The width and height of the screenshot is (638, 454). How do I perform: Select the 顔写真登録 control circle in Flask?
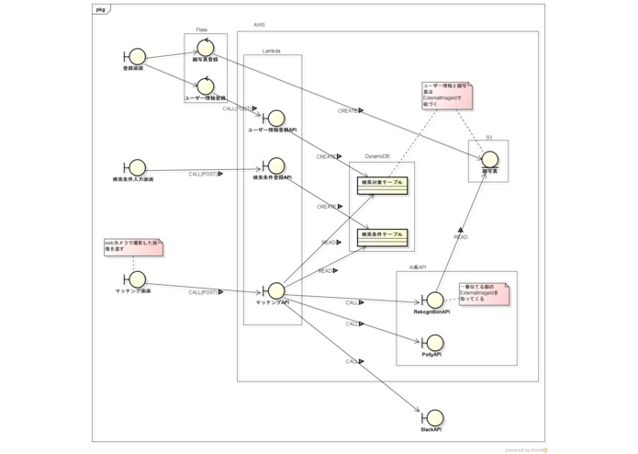click(x=206, y=48)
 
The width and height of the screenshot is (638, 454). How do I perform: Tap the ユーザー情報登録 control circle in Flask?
click(x=206, y=85)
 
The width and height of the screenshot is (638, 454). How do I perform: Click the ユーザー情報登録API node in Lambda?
click(x=274, y=119)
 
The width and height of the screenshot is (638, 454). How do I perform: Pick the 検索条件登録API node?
click(x=274, y=165)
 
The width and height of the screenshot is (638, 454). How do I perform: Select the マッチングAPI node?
click(x=274, y=291)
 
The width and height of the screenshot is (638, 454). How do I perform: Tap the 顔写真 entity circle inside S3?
click(x=489, y=160)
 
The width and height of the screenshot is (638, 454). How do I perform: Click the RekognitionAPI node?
click(x=432, y=301)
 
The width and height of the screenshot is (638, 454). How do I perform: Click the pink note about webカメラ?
click(x=133, y=247)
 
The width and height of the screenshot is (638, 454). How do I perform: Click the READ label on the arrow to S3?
click(x=460, y=237)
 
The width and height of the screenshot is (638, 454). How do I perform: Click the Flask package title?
click(x=202, y=29)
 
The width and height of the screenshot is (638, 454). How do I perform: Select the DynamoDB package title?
click(x=377, y=157)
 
